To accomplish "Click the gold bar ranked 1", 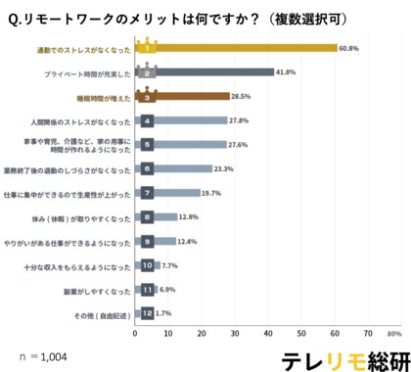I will point(235,47).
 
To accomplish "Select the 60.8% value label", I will point(350,47).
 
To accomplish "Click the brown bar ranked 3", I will point(182,97).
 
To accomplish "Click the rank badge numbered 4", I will point(146,120).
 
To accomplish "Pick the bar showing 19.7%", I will point(167,193).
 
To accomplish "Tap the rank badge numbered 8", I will point(146,217).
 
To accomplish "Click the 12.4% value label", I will point(190,241).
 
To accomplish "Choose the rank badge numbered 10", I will point(146,265).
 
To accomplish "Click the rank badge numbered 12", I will point(146,313).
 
